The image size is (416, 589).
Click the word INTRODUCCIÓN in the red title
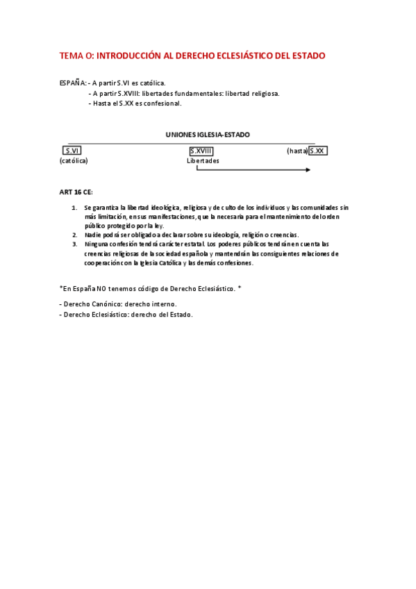point(134,56)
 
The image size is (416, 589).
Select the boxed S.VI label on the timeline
point(72,151)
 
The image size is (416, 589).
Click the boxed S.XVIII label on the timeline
point(201,151)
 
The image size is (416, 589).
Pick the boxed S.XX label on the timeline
point(317,151)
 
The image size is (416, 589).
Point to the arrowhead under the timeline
point(306,169)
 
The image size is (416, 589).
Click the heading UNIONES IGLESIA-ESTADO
point(208,134)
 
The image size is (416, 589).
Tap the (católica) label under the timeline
point(74,160)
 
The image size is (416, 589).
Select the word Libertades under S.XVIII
point(203,160)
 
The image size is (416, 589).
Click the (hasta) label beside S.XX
point(297,151)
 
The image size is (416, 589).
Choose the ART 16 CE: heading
point(76,192)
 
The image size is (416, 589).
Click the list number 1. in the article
point(74,208)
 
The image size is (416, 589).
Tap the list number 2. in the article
point(74,235)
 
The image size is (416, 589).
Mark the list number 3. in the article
point(74,244)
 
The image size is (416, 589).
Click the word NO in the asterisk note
point(102,288)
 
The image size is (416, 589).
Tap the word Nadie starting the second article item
point(93,235)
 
